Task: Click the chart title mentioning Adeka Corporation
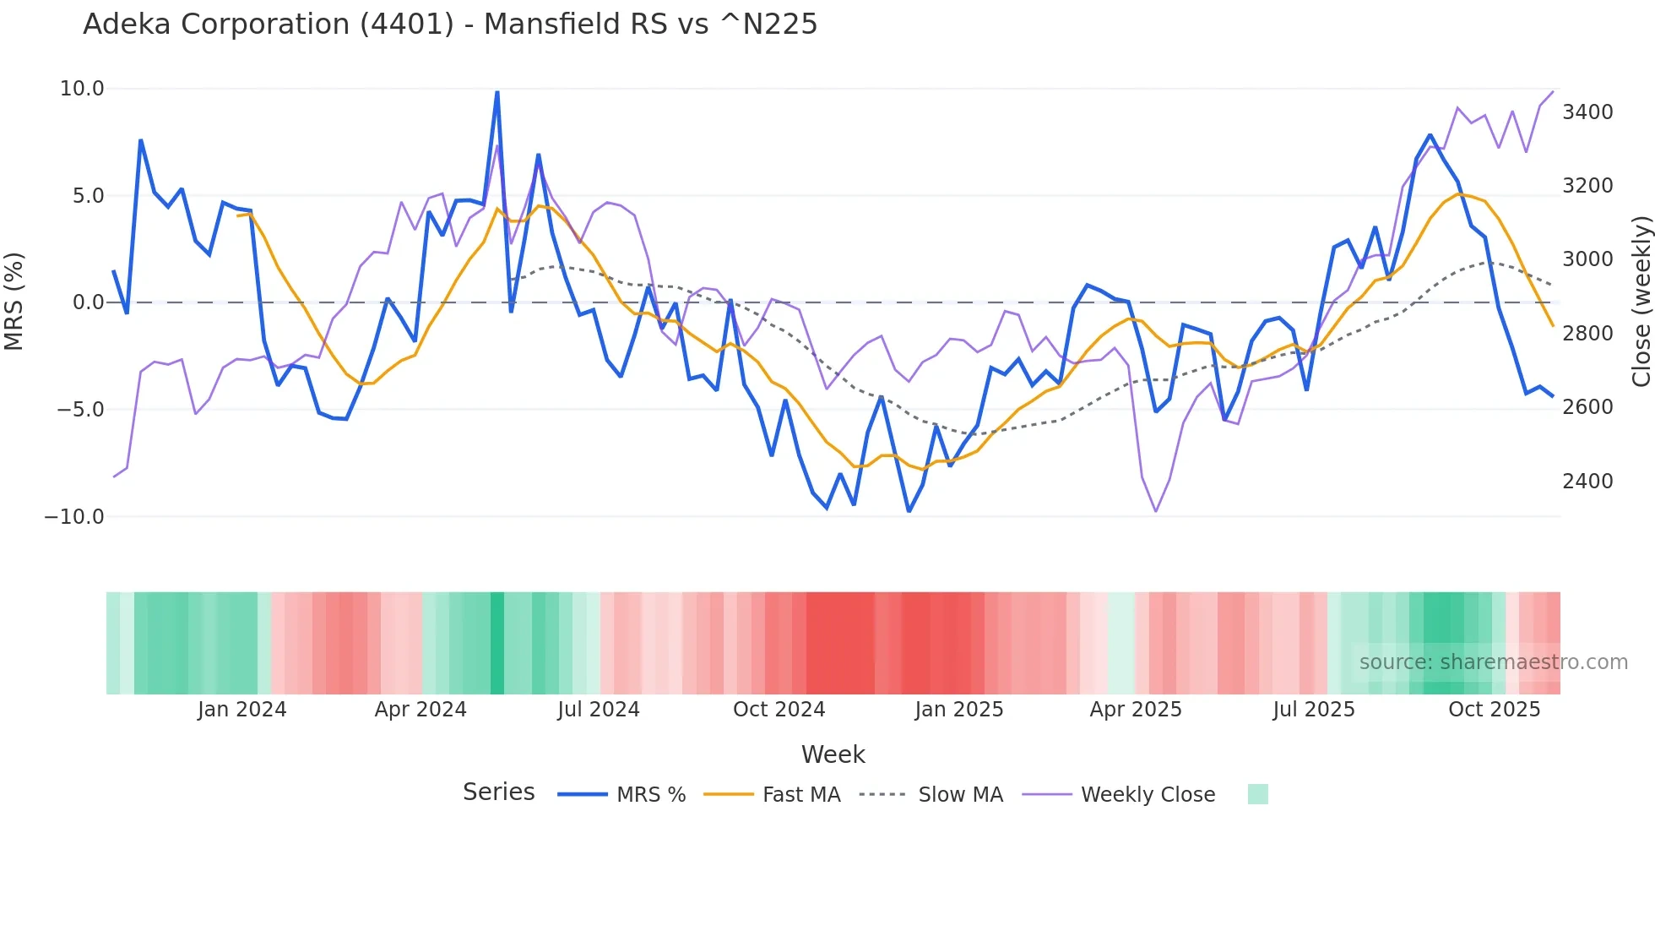[450, 24]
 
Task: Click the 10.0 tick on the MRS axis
[82, 89]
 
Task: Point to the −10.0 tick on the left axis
[74, 517]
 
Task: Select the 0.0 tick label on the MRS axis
[89, 302]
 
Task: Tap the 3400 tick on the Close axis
[1587, 112]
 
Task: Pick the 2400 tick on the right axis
[1587, 482]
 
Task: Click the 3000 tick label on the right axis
[1587, 259]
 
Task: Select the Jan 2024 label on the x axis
[242, 710]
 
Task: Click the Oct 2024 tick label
[779, 710]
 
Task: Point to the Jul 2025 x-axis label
[1314, 710]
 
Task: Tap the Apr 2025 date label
[1136, 710]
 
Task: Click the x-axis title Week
[833, 754]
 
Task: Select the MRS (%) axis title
[14, 302]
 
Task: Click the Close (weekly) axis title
[1641, 302]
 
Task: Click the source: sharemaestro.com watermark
[1493, 662]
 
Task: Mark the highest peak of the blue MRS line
[497, 91]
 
